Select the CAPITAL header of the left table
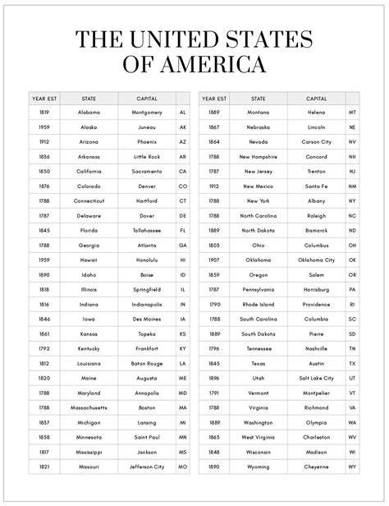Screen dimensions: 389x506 tap(147, 97)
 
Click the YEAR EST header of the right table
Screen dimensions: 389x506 tap(214, 97)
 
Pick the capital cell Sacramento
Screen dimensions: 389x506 tap(147, 171)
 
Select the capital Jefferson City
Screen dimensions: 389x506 tap(147, 467)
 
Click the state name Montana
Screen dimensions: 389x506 tap(258, 112)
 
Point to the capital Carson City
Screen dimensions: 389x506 tap(317, 141)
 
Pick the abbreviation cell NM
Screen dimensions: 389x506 tap(352, 186)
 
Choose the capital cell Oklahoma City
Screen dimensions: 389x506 tap(317, 260)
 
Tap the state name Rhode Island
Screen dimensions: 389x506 tap(258, 304)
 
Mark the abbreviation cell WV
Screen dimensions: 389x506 tap(352, 437)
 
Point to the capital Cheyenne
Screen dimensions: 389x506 tap(317, 467)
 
